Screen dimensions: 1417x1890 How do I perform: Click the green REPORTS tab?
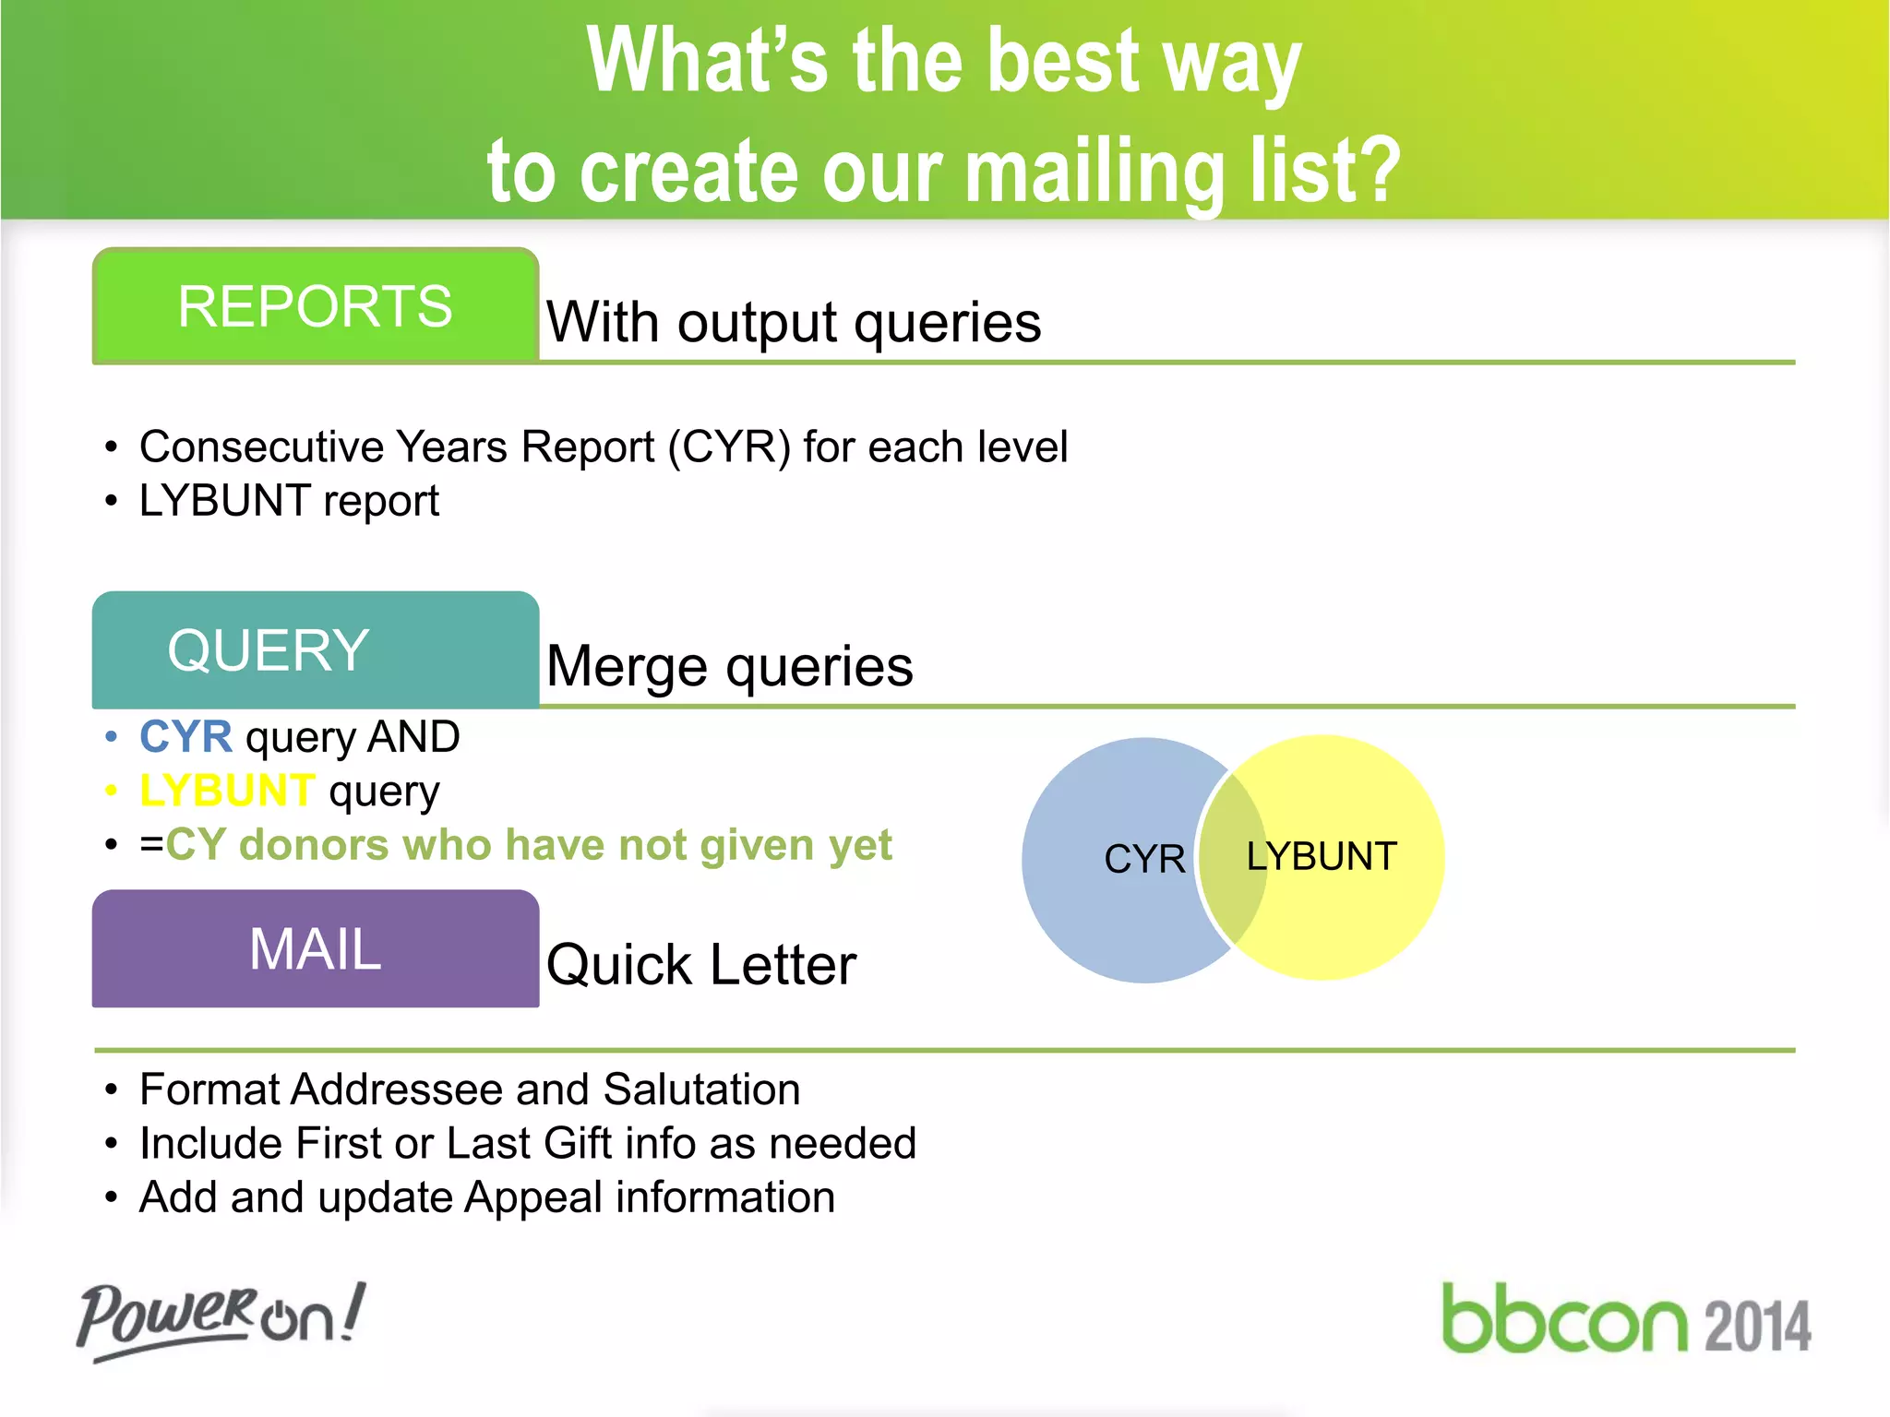(x=315, y=306)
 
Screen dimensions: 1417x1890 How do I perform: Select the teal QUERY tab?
(x=315, y=650)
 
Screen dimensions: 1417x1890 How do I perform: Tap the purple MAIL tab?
(x=315, y=949)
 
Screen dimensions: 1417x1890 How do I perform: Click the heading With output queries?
(x=794, y=323)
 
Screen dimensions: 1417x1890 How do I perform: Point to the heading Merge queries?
(x=729, y=666)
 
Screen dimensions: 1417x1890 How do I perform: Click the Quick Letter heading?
(x=701, y=965)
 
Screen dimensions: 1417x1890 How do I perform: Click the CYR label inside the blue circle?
(x=1144, y=859)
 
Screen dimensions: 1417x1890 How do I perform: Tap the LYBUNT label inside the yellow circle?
(x=1322, y=856)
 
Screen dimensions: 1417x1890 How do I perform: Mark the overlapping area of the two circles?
(x=1232, y=859)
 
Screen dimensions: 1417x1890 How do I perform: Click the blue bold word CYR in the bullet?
(x=185, y=737)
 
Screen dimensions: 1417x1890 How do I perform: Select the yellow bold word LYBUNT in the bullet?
(x=227, y=791)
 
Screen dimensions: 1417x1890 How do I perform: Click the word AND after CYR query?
(x=413, y=737)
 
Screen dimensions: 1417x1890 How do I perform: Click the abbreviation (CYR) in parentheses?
(x=729, y=447)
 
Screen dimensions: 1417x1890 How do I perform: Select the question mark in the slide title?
(x=1375, y=171)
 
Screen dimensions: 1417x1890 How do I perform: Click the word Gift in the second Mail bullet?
(x=577, y=1144)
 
